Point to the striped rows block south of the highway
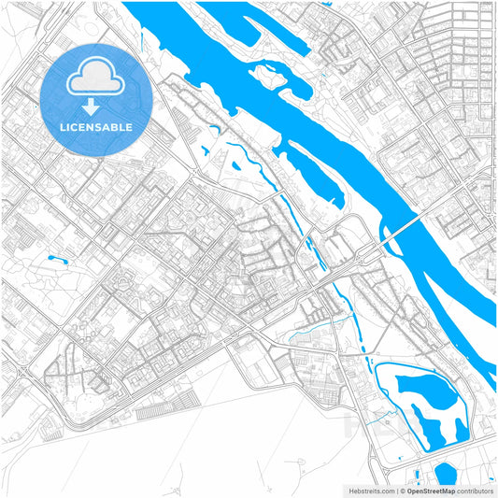[x=168, y=408]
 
